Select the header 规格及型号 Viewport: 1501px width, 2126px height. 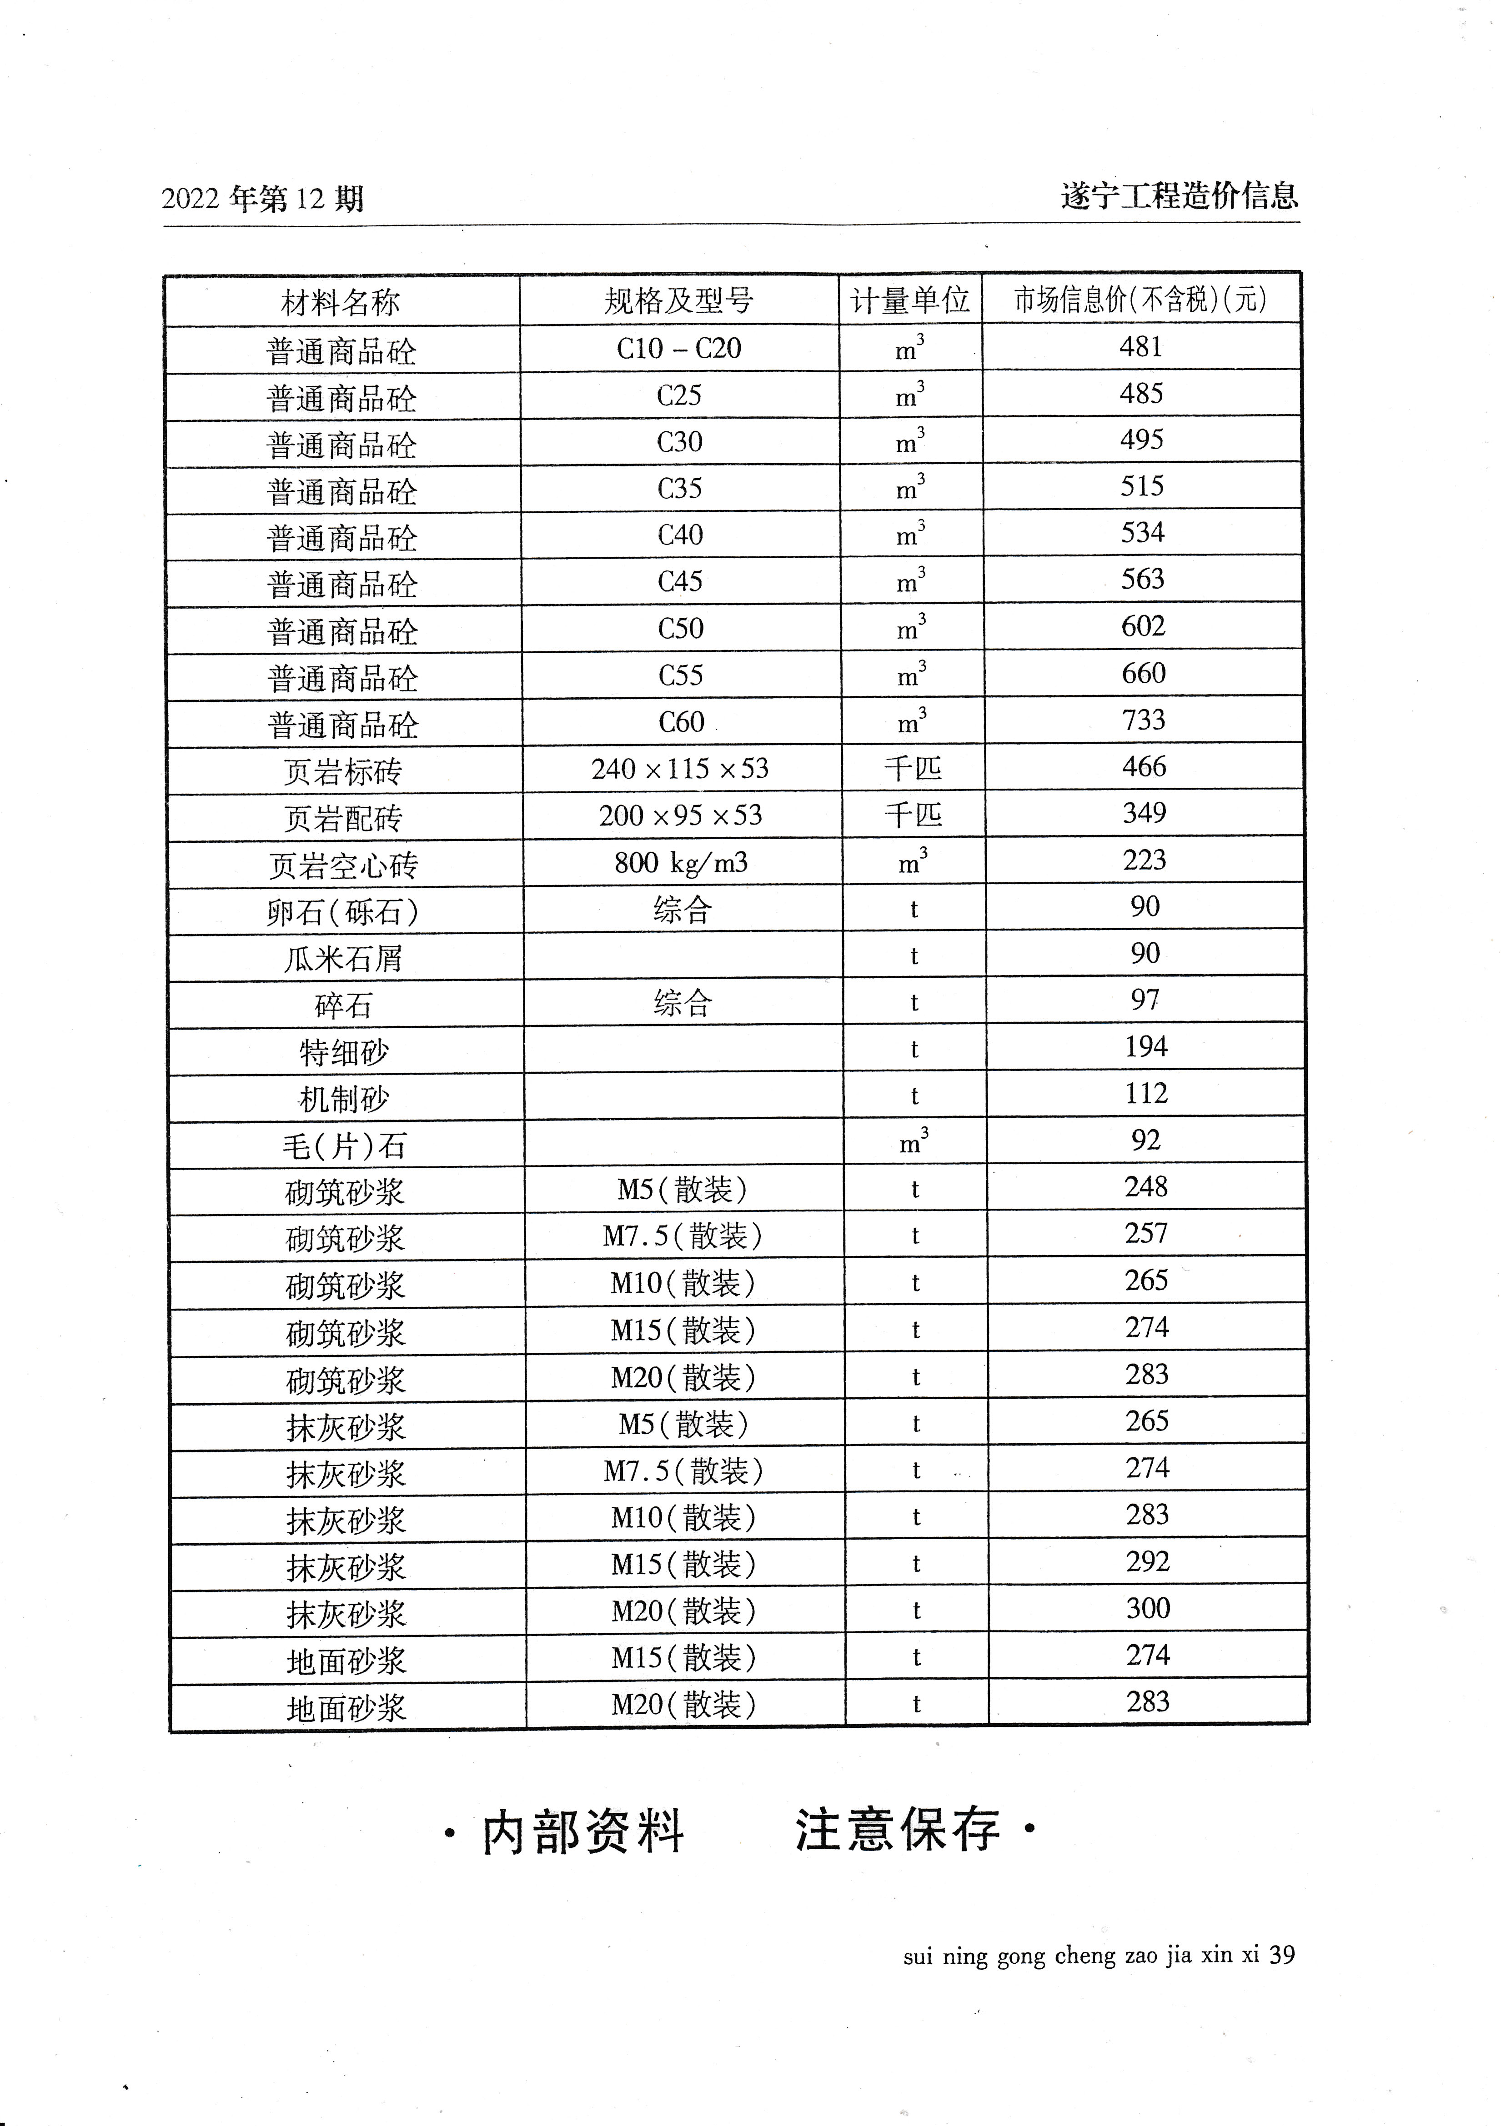tap(679, 300)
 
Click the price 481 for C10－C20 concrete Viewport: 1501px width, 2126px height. tap(1141, 347)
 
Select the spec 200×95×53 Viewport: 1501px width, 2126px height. tap(681, 816)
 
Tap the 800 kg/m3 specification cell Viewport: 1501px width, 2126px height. tap(681, 863)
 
